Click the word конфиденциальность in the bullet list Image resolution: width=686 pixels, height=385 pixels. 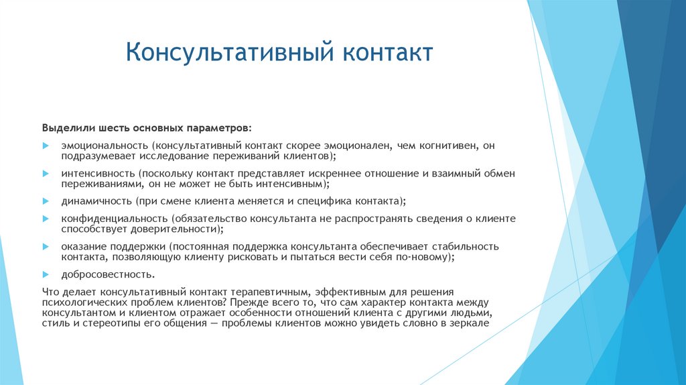click(x=114, y=219)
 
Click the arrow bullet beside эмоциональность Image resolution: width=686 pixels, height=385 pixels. click(x=46, y=145)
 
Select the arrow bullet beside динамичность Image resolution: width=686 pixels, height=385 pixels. click(x=46, y=201)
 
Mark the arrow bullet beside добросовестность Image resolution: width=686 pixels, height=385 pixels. click(x=46, y=274)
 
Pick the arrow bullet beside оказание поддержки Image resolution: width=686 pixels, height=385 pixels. click(x=46, y=247)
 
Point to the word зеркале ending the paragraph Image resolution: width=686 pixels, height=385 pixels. click(x=472, y=323)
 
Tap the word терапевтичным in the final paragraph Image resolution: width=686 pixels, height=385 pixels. click(x=263, y=292)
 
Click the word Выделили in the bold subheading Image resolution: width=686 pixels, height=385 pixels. click(x=65, y=127)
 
